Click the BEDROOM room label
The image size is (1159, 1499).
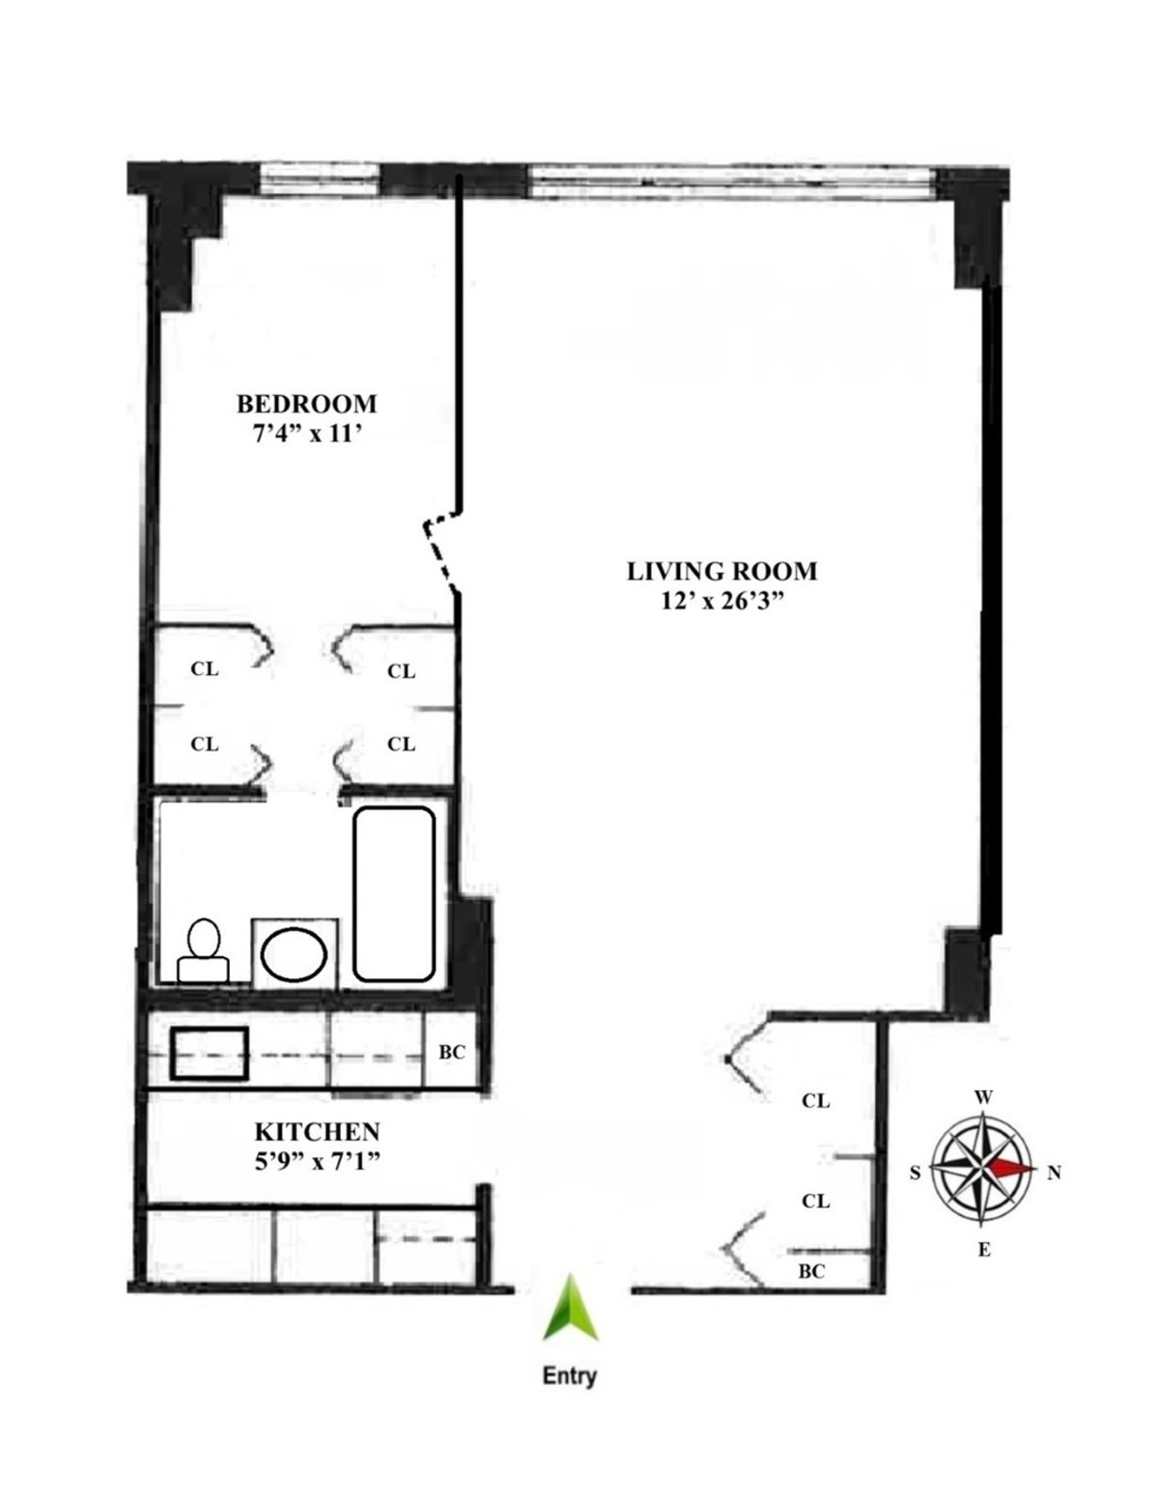pos(306,403)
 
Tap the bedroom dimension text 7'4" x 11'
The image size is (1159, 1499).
pos(306,436)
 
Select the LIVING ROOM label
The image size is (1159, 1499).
pos(721,571)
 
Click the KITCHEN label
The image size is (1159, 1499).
pos(317,1131)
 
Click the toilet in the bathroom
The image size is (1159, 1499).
pos(203,951)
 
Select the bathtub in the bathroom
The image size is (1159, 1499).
pos(393,893)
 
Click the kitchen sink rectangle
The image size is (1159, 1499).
pos(210,1054)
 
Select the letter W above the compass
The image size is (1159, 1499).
pos(983,1096)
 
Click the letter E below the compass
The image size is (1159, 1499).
pos(983,1250)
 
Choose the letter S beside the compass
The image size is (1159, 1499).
pos(915,1173)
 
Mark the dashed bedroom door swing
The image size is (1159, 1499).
pos(439,551)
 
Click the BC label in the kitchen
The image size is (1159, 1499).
pos(452,1052)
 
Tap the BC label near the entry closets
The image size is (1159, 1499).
pos(811,1272)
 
